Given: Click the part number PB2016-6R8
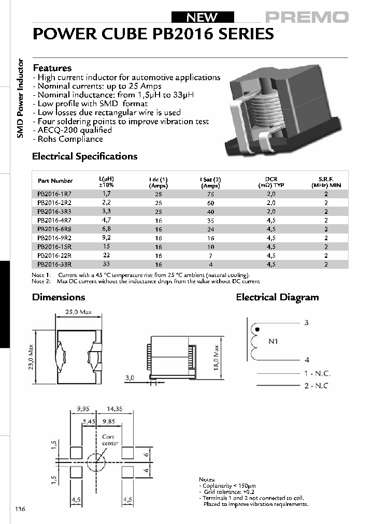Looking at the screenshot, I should tap(51, 229).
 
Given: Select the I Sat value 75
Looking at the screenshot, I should tap(211, 194).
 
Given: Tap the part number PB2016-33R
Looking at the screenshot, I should tap(51, 264).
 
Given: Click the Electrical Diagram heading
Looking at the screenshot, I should tap(277, 297).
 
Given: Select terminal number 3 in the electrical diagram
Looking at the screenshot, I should tap(307, 323).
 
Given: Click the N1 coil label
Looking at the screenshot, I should tap(273, 342).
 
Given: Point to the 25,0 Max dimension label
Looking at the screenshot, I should tap(78, 312).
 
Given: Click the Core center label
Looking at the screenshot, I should tap(110, 440).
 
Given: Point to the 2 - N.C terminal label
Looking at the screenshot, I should tap(316, 386).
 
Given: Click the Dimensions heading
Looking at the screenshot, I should tap(59, 297).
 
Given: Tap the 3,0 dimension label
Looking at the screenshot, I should tap(130, 378).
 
